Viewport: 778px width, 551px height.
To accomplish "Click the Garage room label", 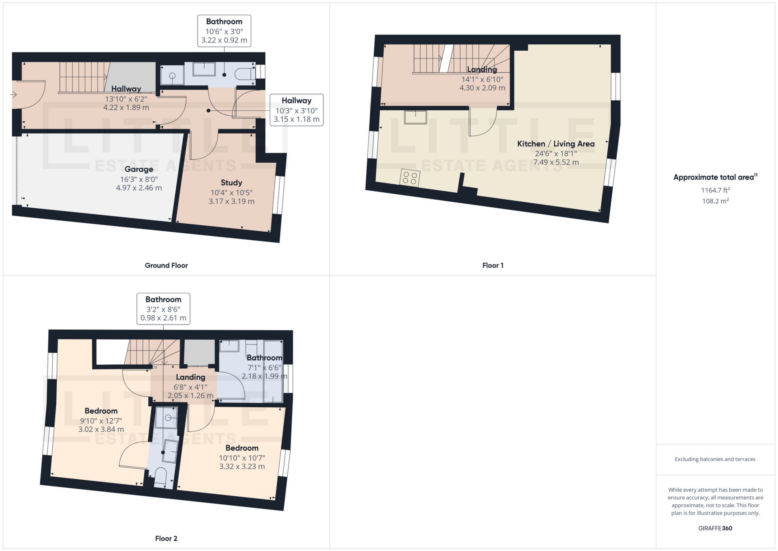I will (139, 169).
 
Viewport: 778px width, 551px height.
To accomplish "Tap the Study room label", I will (231, 183).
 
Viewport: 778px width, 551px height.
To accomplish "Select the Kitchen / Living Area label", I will (556, 144).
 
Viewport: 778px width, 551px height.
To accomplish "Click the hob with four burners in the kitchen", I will (410, 178).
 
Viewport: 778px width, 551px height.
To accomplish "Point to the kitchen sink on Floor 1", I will (415, 117).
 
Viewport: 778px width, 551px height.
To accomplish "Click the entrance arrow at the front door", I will (13, 95).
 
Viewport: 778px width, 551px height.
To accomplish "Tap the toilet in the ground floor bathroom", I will (244, 74).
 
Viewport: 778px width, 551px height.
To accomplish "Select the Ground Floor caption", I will (166, 265).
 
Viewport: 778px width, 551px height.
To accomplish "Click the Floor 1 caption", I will (493, 265).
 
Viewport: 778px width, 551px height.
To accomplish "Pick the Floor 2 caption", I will (166, 538).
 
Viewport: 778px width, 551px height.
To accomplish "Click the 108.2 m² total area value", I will (715, 201).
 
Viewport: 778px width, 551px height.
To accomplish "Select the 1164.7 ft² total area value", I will (715, 190).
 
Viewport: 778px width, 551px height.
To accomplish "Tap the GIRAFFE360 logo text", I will (715, 528).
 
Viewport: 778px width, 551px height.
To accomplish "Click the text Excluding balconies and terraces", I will (715, 459).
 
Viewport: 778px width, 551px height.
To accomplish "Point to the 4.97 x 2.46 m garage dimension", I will (139, 188).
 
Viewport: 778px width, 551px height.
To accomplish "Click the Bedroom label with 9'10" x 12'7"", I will (101, 411).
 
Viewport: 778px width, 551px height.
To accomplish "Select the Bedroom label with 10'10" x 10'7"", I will (242, 448).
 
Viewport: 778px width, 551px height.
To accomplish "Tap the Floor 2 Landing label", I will (190, 377).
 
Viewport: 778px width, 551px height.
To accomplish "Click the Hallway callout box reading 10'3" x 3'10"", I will (297, 110).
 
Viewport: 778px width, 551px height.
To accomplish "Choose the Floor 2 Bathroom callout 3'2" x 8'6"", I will (163, 309).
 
